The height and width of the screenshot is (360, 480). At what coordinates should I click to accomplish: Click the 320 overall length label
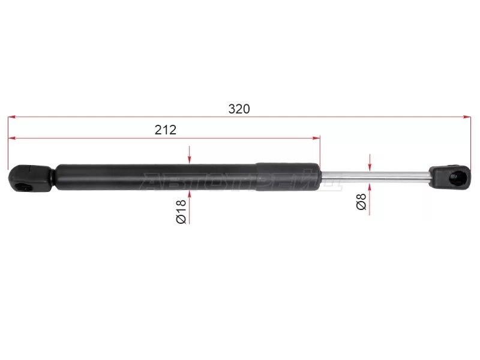pyautogui.click(x=239, y=109)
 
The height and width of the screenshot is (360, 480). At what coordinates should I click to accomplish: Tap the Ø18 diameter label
pyautogui.click(x=181, y=212)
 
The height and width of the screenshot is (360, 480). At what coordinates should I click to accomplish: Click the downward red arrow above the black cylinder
pyautogui.click(x=189, y=158)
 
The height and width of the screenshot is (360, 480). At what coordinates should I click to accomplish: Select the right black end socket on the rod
pyautogui.click(x=450, y=175)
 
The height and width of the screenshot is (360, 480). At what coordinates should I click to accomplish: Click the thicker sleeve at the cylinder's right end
pyautogui.click(x=288, y=176)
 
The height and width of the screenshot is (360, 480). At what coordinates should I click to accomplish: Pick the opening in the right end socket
pyautogui.click(x=457, y=176)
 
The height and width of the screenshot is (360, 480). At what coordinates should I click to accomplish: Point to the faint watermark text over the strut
pyautogui.click(x=240, y=179)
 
